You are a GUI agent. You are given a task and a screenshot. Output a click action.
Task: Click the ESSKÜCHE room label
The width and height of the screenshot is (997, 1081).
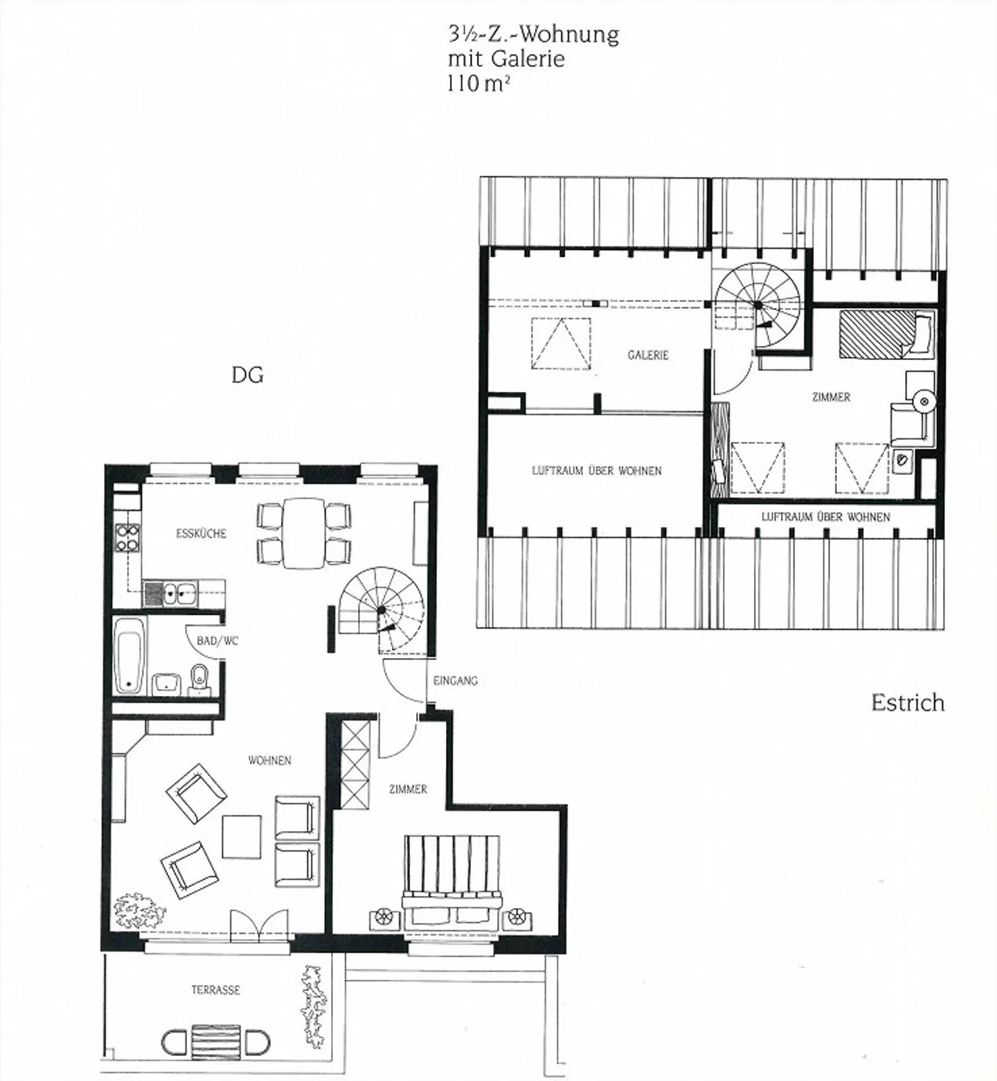[x=201, y=534]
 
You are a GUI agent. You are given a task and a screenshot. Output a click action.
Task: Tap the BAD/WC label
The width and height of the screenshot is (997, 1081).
[x=217, y=641]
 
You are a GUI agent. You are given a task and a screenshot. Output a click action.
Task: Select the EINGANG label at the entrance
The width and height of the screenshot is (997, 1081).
[x=455, y=681]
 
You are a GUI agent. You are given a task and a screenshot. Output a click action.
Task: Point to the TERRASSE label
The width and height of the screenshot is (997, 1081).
[x=215, y=990]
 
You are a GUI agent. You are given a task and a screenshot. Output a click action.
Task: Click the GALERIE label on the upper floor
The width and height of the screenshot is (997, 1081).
[x=647, y=355]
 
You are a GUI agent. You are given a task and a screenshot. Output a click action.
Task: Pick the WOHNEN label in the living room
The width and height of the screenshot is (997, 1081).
[x=269, y=760]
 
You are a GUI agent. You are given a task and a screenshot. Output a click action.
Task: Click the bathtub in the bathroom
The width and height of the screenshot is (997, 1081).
[x=130, y=655]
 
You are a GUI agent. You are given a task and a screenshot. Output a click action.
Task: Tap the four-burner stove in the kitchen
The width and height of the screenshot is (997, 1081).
[x=127, y=538]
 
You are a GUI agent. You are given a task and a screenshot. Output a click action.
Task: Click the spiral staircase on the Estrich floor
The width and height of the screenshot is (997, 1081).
[x=757, y=305]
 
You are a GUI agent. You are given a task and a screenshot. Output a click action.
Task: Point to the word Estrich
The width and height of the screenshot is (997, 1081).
[x=907, y=703]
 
